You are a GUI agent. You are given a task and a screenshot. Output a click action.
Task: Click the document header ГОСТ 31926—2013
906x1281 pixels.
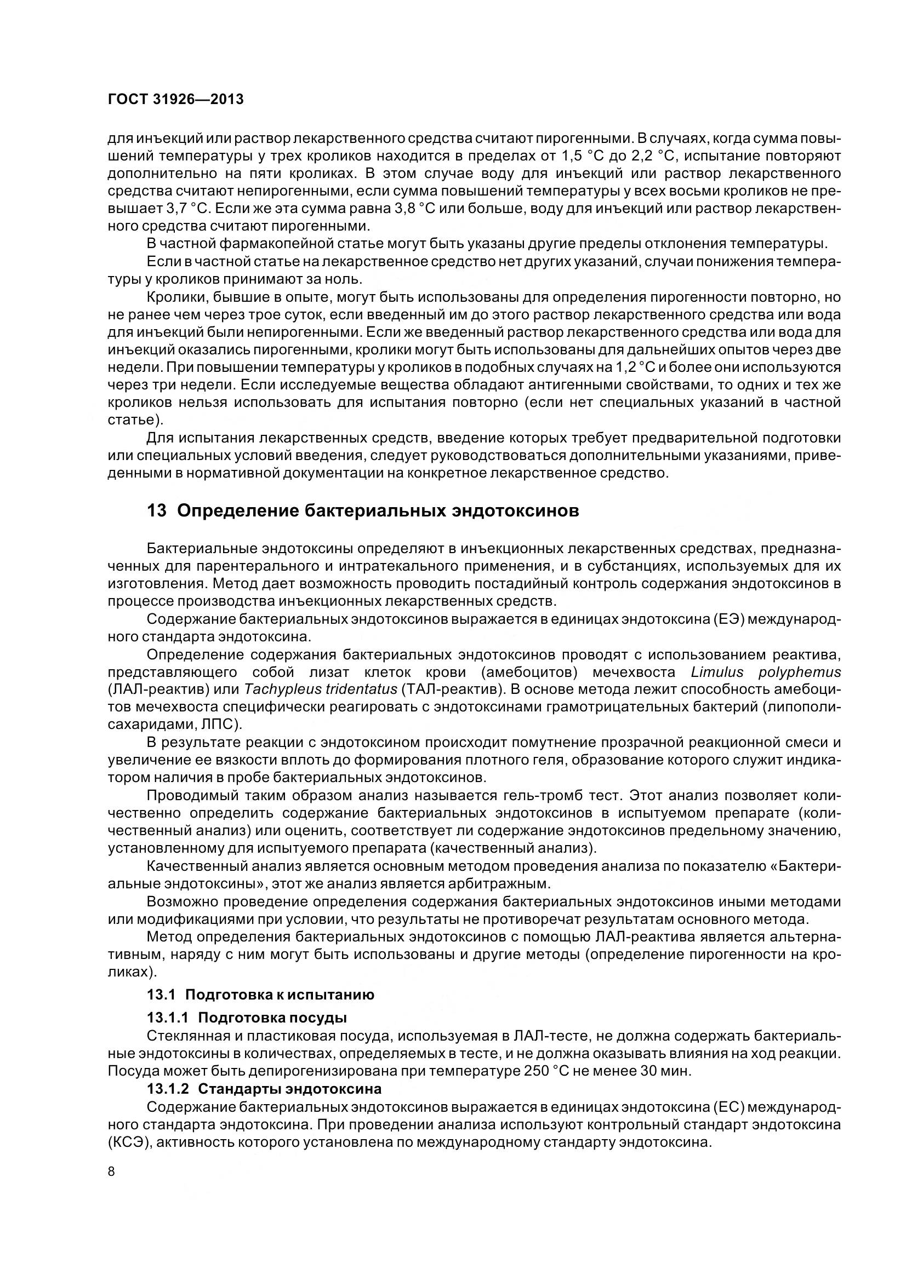(x=175, y=100)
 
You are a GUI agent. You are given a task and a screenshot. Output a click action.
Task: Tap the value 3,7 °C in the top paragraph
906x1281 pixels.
(x=188, y=209)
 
